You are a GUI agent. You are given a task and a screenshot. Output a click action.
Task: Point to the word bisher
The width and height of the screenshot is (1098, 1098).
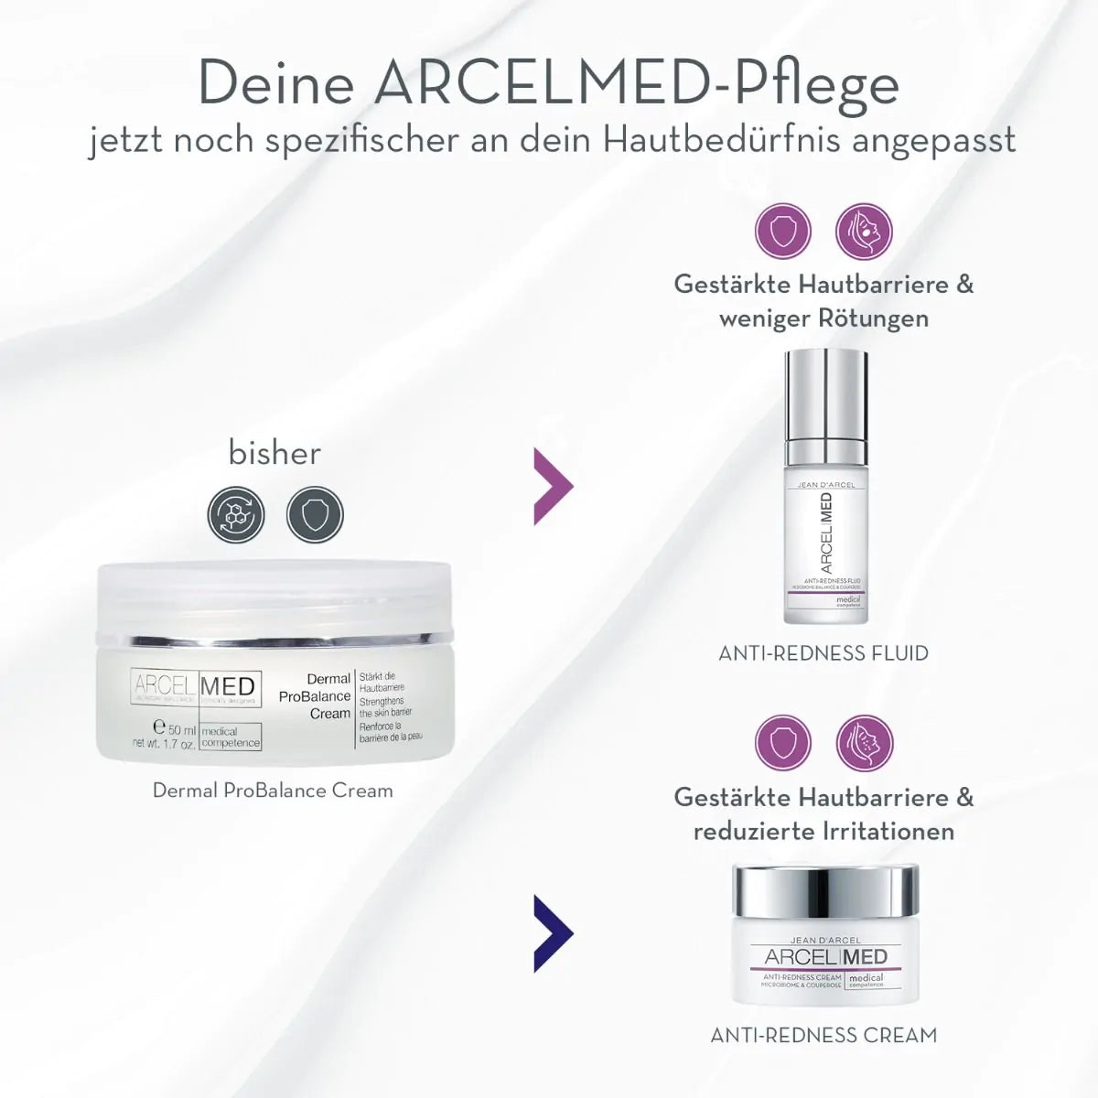point(274,453)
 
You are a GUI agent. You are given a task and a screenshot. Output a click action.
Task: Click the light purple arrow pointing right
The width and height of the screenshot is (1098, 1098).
point(553,485)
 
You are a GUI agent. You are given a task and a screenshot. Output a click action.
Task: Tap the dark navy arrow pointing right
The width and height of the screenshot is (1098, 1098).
point(553,933)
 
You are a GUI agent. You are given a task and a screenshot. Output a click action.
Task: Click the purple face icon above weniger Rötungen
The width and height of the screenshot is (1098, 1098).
point(864,231)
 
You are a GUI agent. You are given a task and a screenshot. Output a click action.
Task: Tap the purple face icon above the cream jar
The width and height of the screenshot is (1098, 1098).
point(864,742)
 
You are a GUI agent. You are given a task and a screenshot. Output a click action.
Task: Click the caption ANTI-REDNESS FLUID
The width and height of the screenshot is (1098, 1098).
point(823,653)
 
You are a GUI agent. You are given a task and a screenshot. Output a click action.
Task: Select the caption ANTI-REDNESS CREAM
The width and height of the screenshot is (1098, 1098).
point(823,1036)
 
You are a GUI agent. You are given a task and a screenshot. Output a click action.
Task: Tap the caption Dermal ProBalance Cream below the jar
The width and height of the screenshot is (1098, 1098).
point(273,791)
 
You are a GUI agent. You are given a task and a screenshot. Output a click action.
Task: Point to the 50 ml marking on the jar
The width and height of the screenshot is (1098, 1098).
point(176,729)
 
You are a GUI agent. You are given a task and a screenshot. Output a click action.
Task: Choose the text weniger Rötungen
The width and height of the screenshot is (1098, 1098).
point(823,318)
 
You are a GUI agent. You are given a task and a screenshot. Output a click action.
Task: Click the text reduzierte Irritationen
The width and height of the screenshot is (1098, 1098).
point(823,831)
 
